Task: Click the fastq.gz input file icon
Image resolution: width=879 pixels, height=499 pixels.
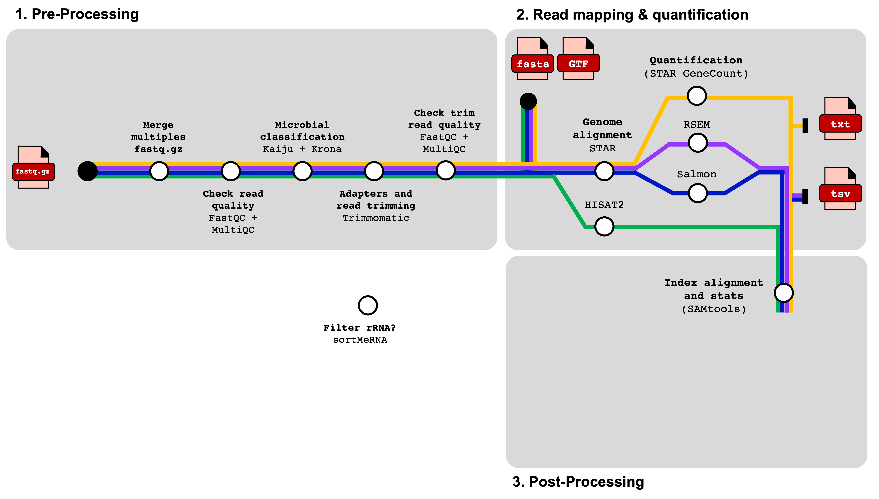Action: (33, 168)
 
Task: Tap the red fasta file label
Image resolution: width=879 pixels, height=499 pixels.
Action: (533, 64)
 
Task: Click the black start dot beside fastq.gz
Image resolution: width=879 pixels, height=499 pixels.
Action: (88, 171)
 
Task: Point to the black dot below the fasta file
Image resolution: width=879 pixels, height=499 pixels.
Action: (528, 101)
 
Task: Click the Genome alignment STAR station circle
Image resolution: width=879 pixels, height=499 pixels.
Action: (604, 171)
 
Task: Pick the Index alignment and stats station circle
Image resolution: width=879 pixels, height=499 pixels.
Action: (784, 293)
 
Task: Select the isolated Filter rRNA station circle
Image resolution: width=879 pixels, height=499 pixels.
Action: (368, 305)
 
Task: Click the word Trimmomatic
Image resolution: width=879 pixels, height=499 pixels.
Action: (376, 218)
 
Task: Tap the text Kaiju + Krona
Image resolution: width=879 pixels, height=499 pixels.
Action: (302, 149)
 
